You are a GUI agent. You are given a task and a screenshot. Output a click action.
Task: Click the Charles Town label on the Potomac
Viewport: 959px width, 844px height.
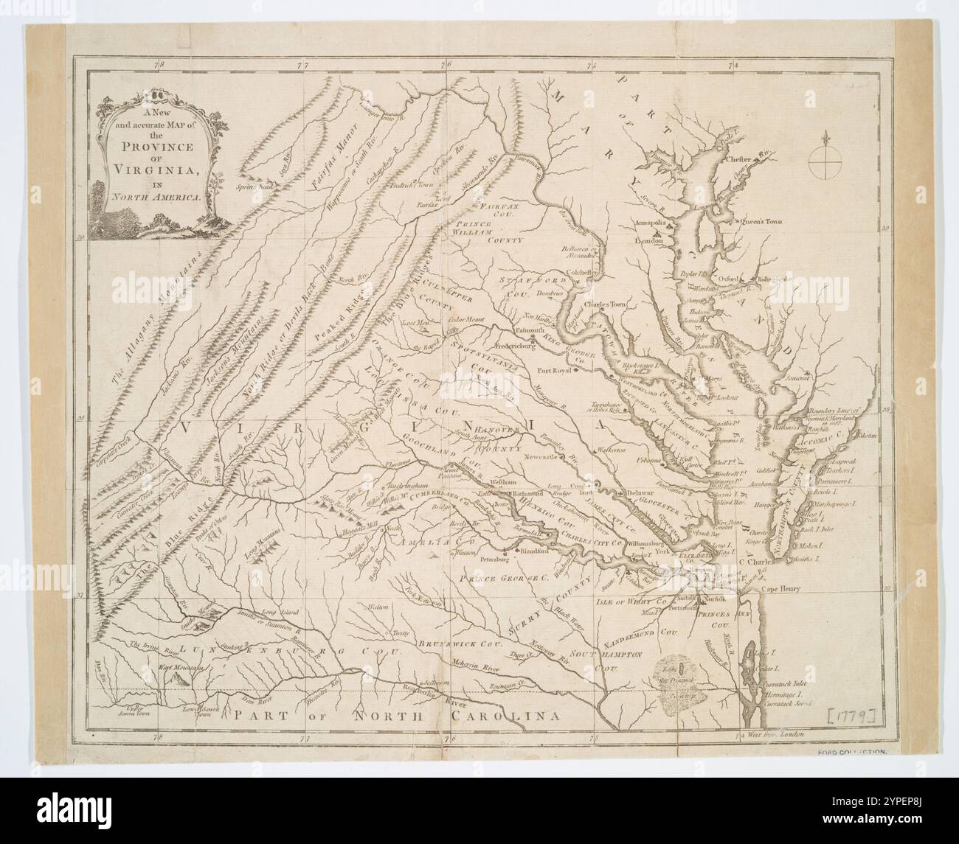click(603, 303)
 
